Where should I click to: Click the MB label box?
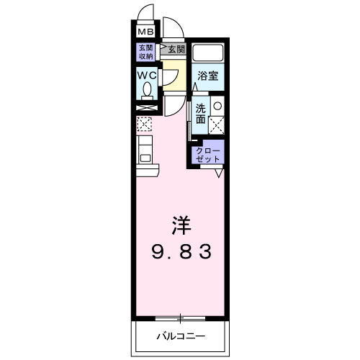[x=146, y=32]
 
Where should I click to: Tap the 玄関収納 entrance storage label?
[x=146, y=53]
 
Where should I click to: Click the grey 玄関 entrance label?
[x=176, y=49]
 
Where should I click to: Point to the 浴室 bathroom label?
[x=208, y=75]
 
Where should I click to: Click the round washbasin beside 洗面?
[x=217, y=106]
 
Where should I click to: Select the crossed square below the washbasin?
[x=217, y=124]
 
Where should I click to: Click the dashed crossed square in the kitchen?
[x=144, y=124]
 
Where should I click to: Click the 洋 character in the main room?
[x=180, y=225]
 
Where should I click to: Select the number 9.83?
[x=180, y=252]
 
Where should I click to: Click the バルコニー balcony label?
[x=180, y=336]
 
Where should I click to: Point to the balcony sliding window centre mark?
[x=180, y=318]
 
